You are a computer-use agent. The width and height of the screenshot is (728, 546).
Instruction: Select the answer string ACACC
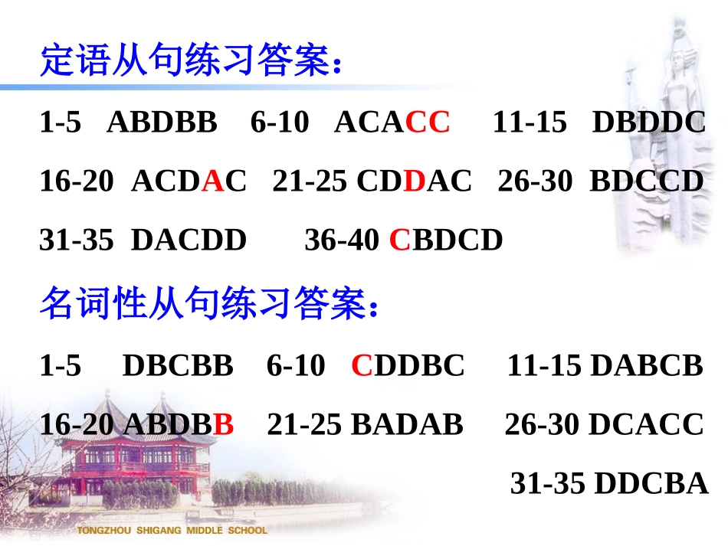point(392,123)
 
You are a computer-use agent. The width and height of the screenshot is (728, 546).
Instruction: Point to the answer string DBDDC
point(649,123)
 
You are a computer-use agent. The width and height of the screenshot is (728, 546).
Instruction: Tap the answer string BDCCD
point(647,181)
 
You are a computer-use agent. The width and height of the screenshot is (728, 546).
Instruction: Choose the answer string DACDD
point(189,240)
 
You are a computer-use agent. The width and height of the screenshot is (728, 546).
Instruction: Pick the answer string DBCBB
point(178,366)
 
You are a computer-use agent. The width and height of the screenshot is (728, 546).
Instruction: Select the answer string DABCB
point(648,366)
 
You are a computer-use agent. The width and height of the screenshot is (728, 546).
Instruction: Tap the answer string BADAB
point(407,424)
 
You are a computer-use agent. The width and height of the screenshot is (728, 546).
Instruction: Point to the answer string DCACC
point(647,424)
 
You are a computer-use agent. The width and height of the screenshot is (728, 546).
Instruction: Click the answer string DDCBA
point(651,483)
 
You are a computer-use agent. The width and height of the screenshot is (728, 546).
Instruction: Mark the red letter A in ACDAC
point(214,181)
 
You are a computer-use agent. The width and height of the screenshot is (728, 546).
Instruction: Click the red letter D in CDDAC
point(414,181)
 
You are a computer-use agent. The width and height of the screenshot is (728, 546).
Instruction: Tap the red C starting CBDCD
point(400,240)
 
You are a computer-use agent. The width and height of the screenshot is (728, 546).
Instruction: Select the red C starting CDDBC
point(362,366)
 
